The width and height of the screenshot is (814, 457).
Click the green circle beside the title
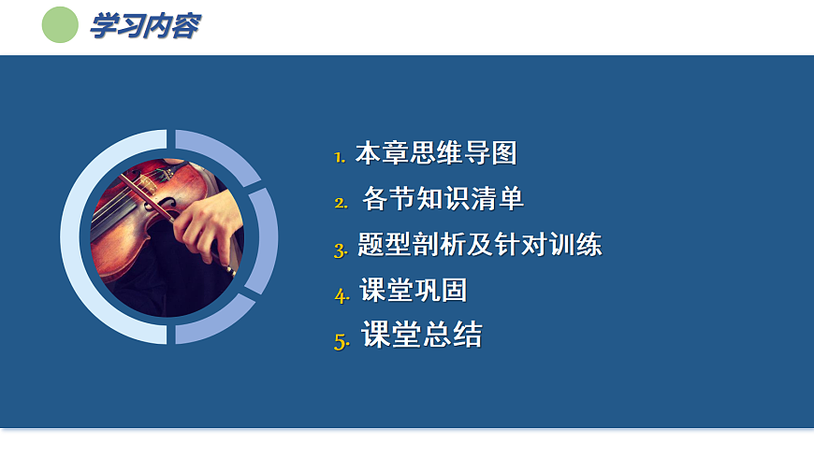coord(61,25)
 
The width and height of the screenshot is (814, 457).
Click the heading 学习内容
coord(144,26)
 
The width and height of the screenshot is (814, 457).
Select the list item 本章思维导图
coord(436,153)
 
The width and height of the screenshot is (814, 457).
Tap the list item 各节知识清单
coord(443,199)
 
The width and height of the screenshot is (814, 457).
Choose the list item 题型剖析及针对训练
coord(480,246)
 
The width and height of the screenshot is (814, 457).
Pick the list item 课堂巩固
coord(414,291)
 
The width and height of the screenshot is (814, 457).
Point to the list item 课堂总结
coord(422,336)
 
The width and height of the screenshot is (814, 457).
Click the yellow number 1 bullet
coord(340,157)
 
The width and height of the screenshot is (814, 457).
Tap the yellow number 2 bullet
coord(341,202)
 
